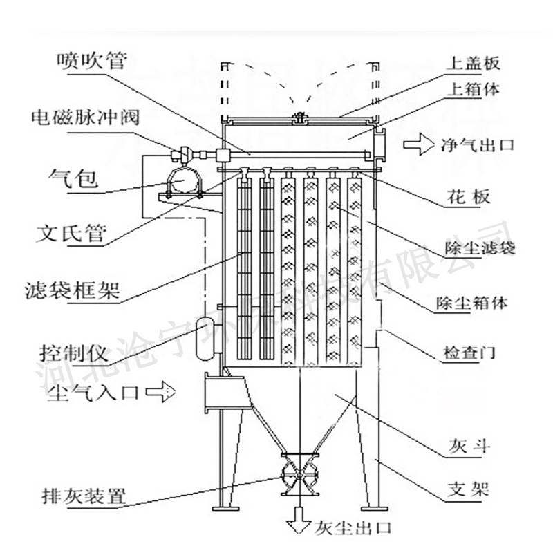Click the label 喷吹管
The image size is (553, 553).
pyautogui.click(x=92, y=61)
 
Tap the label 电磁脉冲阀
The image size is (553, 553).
pyautogui.click(x=84, y=116)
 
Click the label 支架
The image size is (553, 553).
pyautogui.click(x=474, y=490)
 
